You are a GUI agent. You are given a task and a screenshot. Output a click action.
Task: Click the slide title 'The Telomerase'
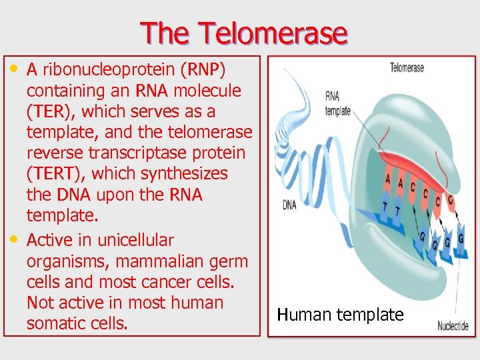tap(243, 33)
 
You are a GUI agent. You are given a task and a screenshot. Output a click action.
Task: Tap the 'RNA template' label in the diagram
tap(337, 103)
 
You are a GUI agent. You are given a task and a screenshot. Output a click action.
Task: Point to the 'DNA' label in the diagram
tap(289, 205)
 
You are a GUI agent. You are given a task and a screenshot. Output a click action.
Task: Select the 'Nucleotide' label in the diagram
tap(453, 326)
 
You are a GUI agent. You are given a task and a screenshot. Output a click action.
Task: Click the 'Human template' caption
tap(340, 315)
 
